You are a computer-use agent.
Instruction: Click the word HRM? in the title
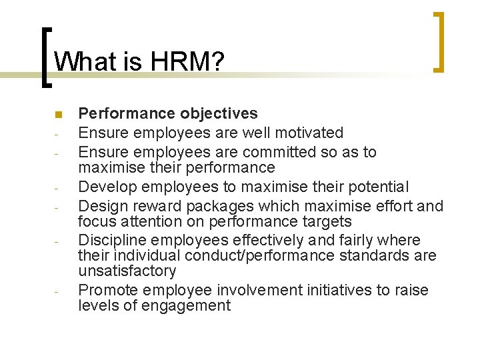tap(189, 62)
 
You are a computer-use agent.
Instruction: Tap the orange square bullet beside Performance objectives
tap(58, 114)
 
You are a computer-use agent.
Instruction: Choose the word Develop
tap(107, 187)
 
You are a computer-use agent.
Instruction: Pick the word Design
tap(102, 206)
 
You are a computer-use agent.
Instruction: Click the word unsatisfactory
tap(127, 271)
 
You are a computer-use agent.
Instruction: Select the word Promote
tap(107, 291)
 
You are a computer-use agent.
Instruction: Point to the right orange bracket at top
tap(439, 41)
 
